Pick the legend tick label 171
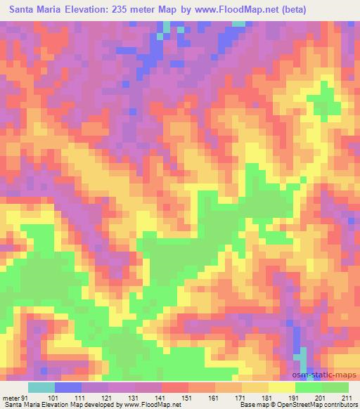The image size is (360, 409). (240, 398)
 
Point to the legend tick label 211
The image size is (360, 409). (347, 398)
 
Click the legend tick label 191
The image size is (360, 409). (294, 398)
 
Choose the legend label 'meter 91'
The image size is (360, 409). (13, 398)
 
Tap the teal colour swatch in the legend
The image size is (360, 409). (41, 387)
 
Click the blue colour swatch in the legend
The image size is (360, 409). (68, 387)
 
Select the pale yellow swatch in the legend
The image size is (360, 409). (282, 387)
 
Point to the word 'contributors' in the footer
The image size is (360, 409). (338, 405)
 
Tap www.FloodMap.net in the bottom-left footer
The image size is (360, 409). (150, 405)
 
